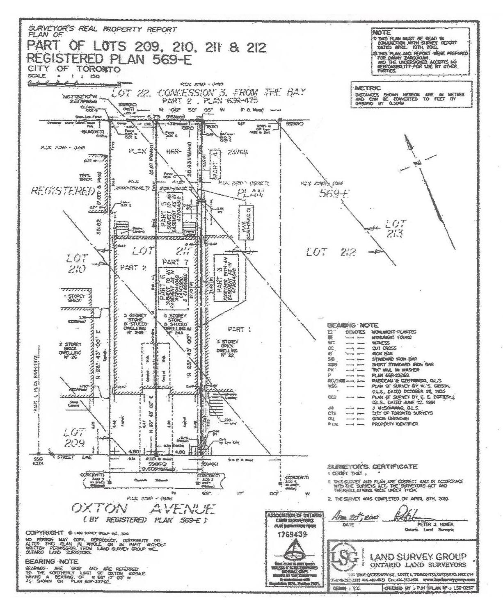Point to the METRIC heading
click(368, 88)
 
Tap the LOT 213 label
click(396, 228)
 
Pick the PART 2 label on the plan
click(133, 268)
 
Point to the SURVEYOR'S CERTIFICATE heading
click(373, 467)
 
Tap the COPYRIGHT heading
click(45, 532)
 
